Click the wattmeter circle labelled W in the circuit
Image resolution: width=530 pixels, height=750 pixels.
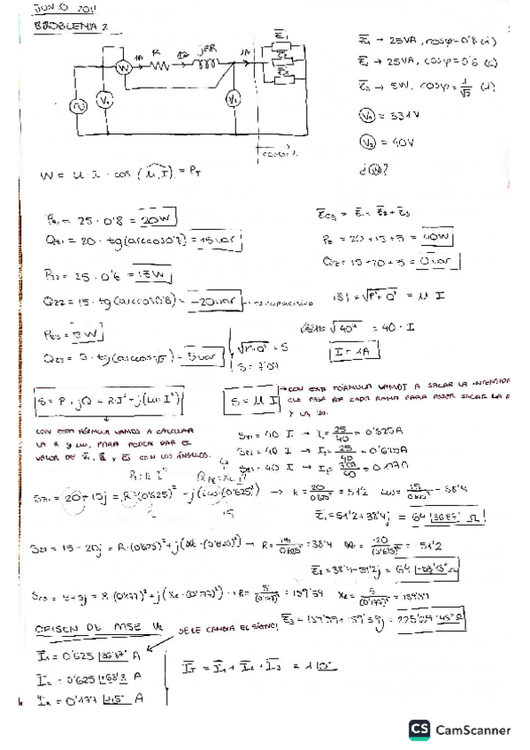tap(126, 65)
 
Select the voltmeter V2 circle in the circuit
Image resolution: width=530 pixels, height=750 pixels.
tap(234, 98)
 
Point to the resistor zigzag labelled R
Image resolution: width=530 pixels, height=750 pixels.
tap(159, 65)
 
